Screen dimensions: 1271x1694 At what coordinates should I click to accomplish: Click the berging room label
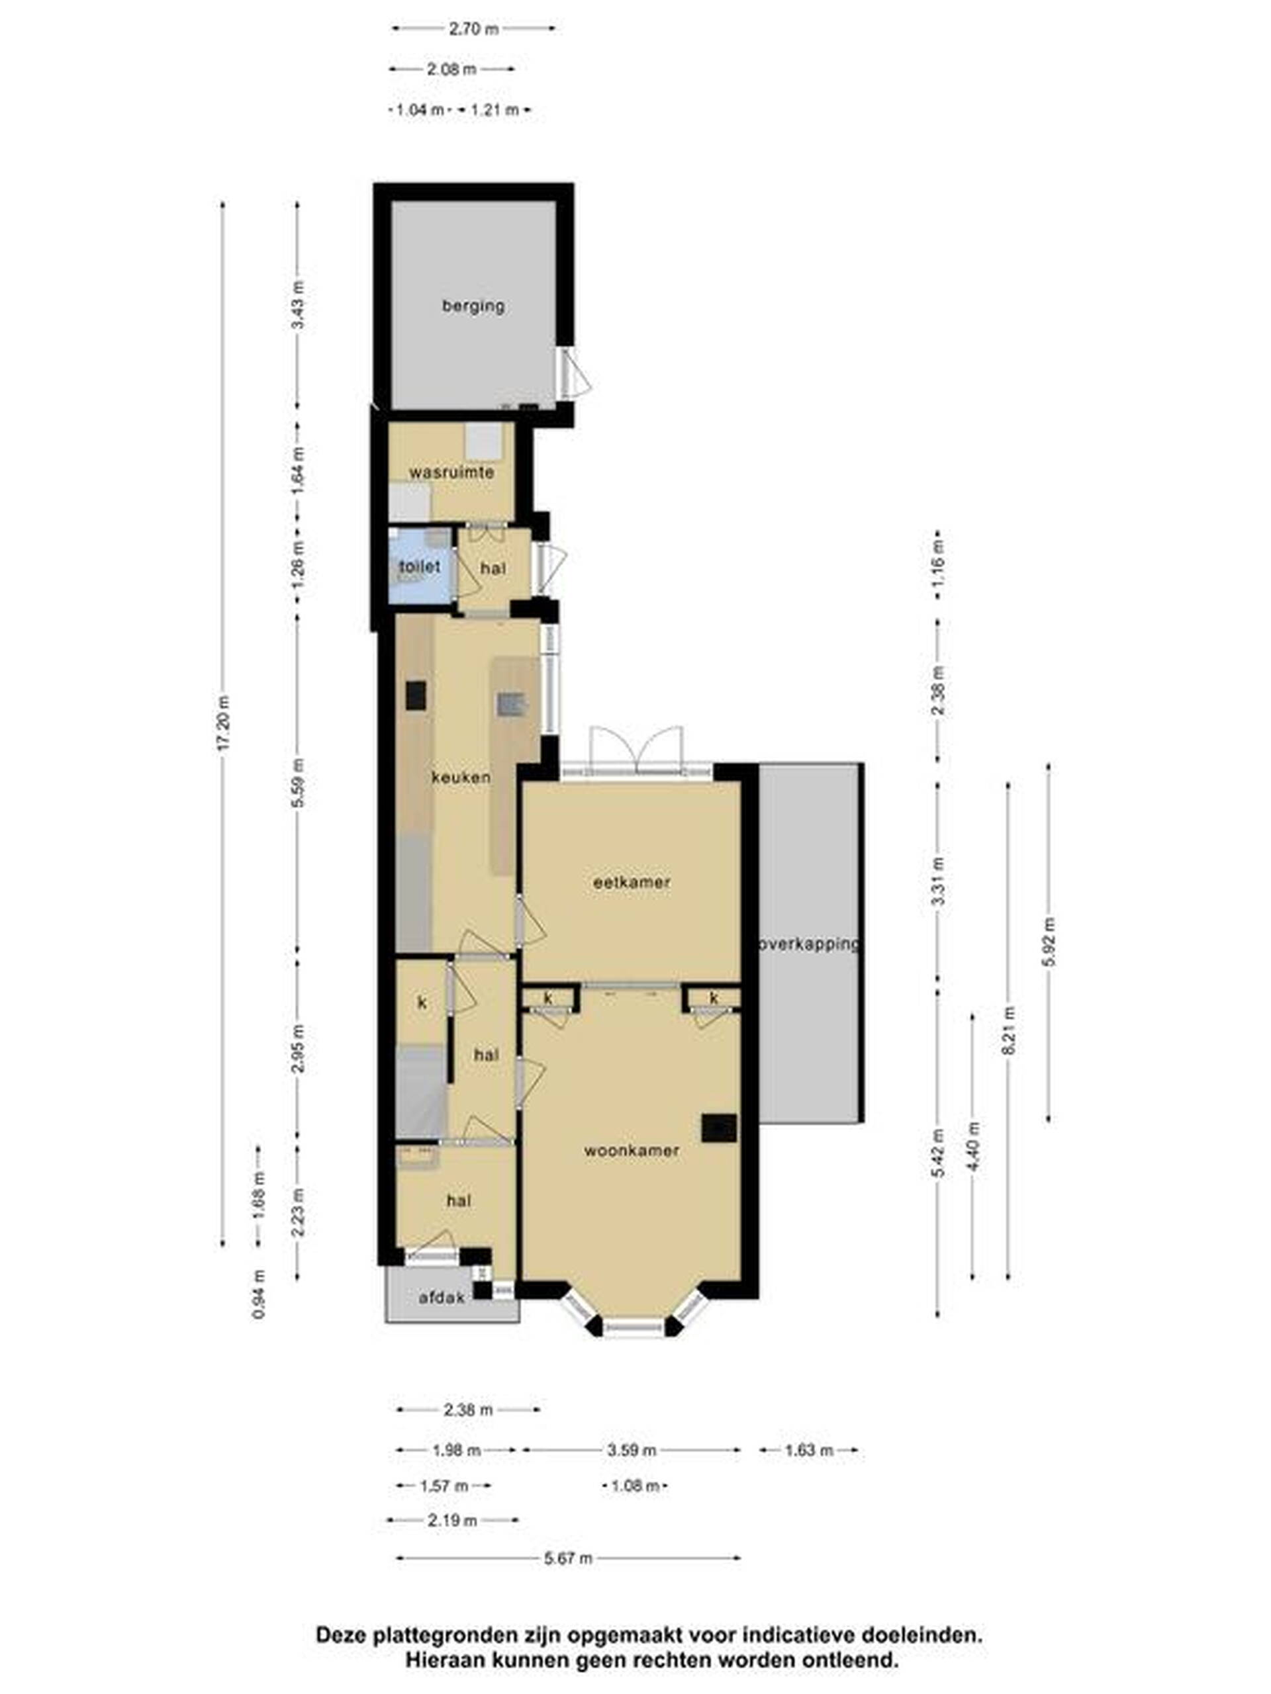(473, 306)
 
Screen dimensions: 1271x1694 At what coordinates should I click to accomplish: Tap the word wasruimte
(451, 472)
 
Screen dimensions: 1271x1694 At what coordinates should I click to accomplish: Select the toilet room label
(420, 566)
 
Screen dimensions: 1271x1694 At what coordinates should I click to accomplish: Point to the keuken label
(461, 778)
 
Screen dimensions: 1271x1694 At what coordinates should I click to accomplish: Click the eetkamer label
(632, 882)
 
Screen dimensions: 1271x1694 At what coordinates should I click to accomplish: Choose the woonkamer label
(632, 1151)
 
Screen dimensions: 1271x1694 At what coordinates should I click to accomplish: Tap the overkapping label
(809, 944)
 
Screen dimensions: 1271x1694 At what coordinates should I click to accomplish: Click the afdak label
(442, 1298)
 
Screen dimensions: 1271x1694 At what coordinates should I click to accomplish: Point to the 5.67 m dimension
(569, 1558)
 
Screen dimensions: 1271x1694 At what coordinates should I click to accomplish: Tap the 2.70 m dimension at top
(473, 29)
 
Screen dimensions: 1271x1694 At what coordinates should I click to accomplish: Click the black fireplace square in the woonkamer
(720, 1128)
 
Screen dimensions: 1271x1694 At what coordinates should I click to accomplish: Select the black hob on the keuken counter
(416, 696)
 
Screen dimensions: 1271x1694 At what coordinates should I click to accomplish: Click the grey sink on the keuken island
(510, 704)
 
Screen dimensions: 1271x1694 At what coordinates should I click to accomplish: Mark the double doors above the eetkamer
(636, 751)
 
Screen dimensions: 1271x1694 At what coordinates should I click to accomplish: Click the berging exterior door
(574, 375)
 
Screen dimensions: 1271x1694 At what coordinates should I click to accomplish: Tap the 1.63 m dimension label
(809, 1450)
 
